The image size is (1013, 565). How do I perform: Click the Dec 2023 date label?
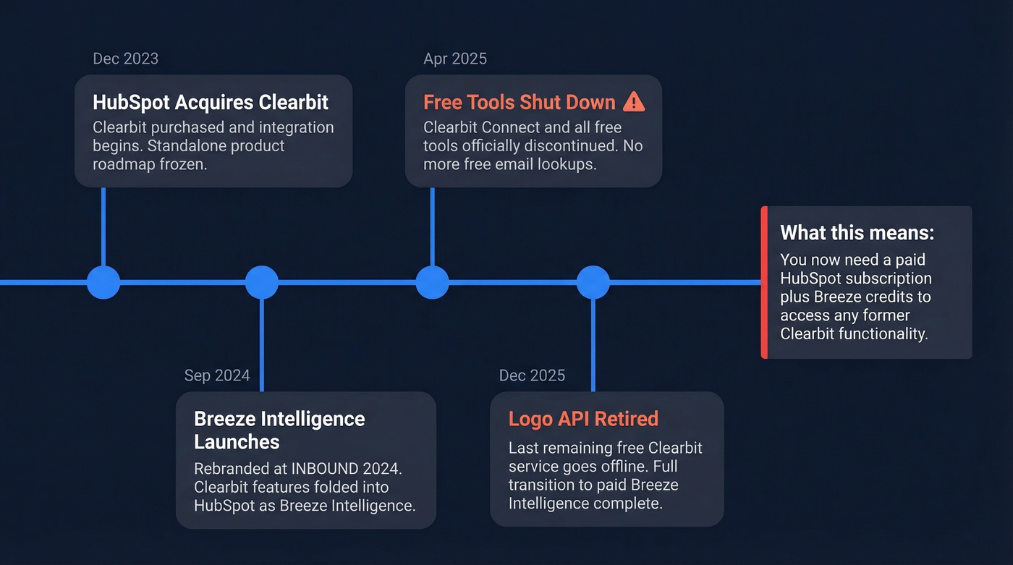(x=125, y=59)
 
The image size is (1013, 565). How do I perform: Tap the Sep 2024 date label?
(x=217, y=375)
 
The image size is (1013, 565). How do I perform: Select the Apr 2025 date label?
(x=455, y=59)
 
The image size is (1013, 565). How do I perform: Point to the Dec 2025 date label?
(x=532, y=375)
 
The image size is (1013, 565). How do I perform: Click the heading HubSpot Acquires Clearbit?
(x=211, y=102)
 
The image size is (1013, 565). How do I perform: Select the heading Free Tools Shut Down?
(x=519, y=102)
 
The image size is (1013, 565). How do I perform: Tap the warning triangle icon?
(x=633, y=102)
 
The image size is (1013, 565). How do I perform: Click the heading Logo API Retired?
(x=583, y=419)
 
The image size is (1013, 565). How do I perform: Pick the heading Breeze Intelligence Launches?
(x=279, y=430)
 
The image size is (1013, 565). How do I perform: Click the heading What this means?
(x=857, y=233)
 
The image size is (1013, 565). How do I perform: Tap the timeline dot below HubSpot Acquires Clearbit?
(x=103, y=282)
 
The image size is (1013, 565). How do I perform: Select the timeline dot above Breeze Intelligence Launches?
(x=261, y=282)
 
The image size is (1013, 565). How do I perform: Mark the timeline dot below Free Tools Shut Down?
(x=432, y=282)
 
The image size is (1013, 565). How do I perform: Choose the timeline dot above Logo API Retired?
(x=593, y=282)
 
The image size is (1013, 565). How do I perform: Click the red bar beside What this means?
(x=764, y=282)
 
